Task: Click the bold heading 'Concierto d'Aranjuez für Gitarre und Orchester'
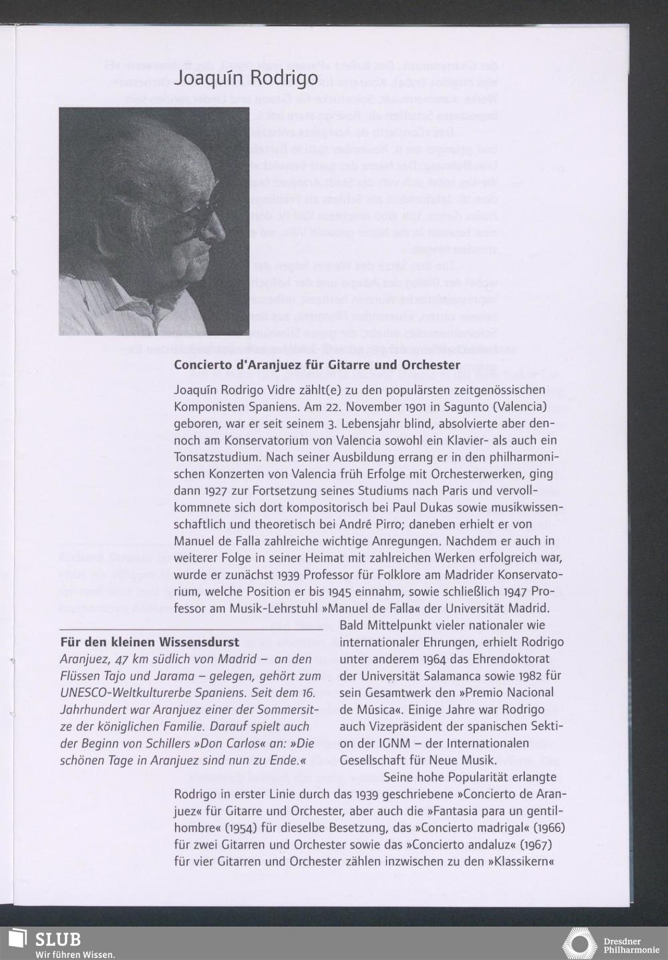click(x=317, y=365)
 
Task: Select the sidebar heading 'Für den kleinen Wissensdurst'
click(x=150, y=643)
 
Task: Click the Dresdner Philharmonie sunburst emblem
click(x=579, y=943)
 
